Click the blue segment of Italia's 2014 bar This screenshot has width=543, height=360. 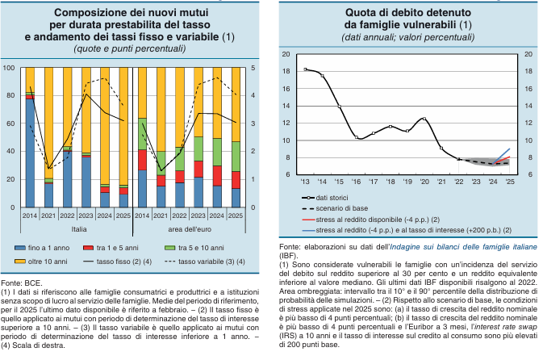30,153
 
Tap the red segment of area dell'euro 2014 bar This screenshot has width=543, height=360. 142,160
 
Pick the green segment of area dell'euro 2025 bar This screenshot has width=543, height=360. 236,157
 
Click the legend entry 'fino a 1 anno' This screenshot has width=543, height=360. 42,248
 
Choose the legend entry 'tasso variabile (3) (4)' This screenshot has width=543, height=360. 205,262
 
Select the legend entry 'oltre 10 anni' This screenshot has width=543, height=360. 41,262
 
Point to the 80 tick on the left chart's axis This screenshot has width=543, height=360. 10,95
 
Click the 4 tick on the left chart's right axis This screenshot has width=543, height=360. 253,95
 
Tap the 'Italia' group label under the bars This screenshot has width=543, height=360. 79,229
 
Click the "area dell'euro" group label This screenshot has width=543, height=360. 190,229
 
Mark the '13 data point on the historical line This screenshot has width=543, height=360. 305,69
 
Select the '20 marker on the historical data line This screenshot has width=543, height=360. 424,119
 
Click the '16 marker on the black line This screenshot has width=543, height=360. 357,137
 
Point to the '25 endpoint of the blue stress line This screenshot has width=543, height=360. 509,149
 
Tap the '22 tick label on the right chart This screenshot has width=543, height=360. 459,182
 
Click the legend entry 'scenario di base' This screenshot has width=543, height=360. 335,208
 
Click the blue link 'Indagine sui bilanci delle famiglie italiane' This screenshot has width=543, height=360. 463,247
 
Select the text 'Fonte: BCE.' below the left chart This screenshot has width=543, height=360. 22,283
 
